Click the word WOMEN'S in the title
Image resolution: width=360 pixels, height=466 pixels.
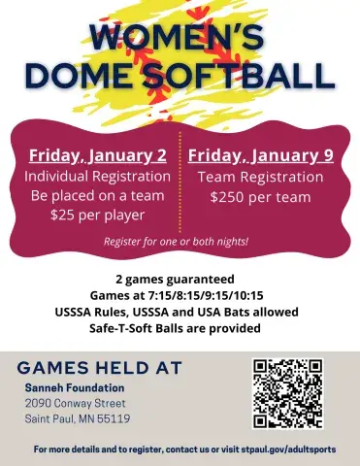tap(180, 36)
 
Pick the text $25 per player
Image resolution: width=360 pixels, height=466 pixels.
tap(99, 214)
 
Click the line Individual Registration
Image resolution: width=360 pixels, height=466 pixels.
tap(99, 177)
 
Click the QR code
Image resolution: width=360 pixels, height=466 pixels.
tap(287, 393)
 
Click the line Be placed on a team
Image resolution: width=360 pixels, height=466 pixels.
tap(99, 195)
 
